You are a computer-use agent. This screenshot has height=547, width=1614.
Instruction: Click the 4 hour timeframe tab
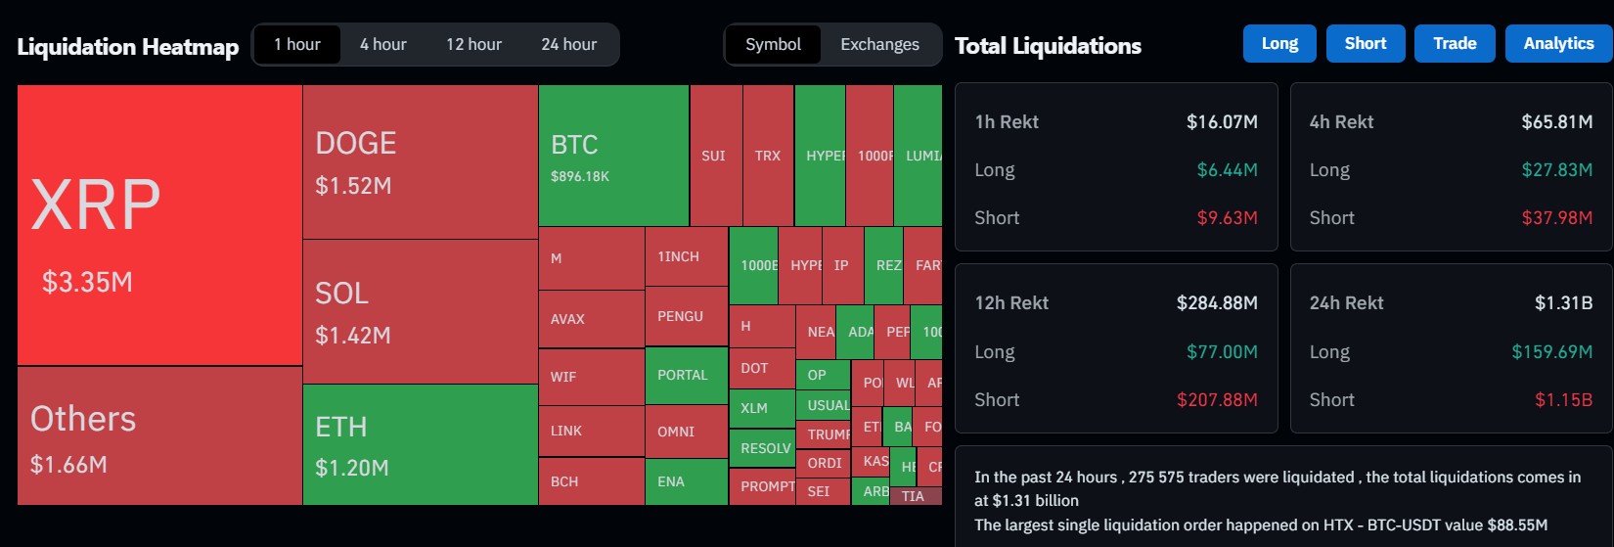[x=382, y=45]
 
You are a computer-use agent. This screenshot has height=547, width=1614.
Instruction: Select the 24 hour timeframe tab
[x=568, y=45]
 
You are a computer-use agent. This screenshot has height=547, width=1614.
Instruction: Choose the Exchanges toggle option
[x=879, y=45]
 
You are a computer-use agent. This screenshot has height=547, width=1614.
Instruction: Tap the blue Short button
[x=1365, y=44]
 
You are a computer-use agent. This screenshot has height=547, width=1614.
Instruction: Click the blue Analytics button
[x=1558, y=44]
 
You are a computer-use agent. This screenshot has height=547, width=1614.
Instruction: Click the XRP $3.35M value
[x=87, y=283]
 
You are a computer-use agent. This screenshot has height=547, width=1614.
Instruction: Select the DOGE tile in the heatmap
[x=420, y=161]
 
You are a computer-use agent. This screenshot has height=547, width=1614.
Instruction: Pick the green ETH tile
[x=420, y=444]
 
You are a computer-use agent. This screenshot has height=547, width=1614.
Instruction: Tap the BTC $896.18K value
[x=580, y=177]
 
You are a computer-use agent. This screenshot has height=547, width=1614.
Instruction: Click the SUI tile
[x=714, y=156]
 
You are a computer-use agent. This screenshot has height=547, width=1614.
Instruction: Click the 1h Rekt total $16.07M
[x=1222, y=122]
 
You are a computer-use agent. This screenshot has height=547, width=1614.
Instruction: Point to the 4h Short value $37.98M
[x=1556, y=218]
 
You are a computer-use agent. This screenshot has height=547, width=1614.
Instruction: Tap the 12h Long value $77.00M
[x=1222, y=352]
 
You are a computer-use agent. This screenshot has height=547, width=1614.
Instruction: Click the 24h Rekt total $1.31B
[x=1563, y=303]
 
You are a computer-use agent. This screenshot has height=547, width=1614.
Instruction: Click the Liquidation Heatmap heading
[x=128, y=47]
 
